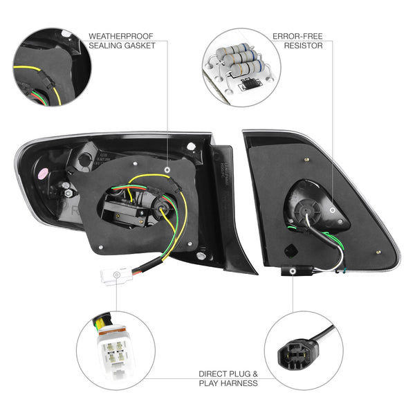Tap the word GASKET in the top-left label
pyautogui.click(x=138, y=46)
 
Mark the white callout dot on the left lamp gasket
pyautogui.click(x=170, y=169)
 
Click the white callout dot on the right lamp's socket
pyautogui.click(x=333, y=208)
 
